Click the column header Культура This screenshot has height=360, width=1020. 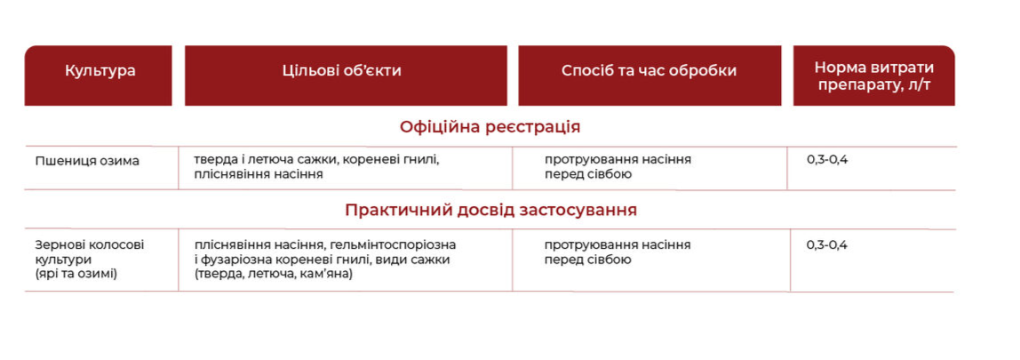pos(100,71)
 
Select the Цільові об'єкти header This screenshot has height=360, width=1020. pos(342,71)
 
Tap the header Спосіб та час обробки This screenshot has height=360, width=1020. pos(649,71)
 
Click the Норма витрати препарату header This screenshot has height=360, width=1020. pos(873,76)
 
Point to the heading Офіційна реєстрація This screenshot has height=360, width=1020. pos(490,127)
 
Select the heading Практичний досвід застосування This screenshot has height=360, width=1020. pos(490,211)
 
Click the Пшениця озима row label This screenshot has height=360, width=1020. pos(87,162)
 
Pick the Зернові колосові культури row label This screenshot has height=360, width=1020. pos(90,260)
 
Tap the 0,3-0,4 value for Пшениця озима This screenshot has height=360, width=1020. pos(827,159)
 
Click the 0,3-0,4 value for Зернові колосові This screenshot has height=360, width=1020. pos(827,245)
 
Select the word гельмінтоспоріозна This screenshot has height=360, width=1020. pos(393,245)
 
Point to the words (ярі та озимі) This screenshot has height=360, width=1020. pos(76,274)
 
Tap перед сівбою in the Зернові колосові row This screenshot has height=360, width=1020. pos(588,260)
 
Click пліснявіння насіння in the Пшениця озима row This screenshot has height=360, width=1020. pos(259,174)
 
